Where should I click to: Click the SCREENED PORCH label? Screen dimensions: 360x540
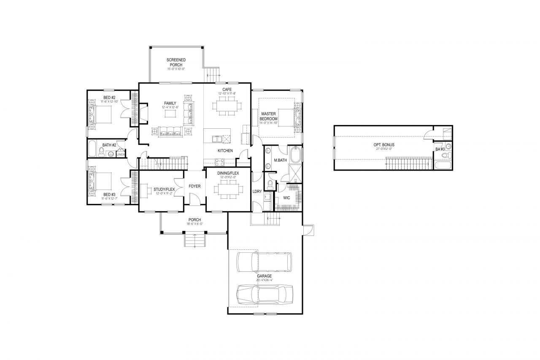pyautogui.click(x=176, y=62)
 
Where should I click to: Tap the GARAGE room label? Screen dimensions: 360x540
pyautogui.click(x=265, y=276)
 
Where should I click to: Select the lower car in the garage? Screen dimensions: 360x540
pyautogui.click(x=265, y=294)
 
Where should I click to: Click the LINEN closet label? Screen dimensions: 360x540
pyautogui.click(x=120, y=154)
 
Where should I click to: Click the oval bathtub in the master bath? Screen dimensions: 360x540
pyautogui.click(x=295, y=155)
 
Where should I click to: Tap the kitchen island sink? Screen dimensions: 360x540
pyautogui.click(x=216, y=138)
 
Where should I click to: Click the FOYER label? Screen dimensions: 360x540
pyautogui.click(x=194, y=186)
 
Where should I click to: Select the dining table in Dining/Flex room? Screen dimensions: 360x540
pyautogui.click(x=227, y=190)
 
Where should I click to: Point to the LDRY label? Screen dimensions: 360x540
pyautogui.click(x=257, y=191)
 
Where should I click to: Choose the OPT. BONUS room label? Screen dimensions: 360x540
pyautogui.click(x=384, y=145)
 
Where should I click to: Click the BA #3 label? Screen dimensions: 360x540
pyautogui.click(x=440, y=149)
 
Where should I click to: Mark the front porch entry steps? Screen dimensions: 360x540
pyautogui.click(x=194, y=241)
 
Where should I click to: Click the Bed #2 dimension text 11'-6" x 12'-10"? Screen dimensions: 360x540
pyautogui.click(x=109, y=102)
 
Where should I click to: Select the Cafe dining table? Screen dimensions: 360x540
pyautogui.click(x=227, y=104)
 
